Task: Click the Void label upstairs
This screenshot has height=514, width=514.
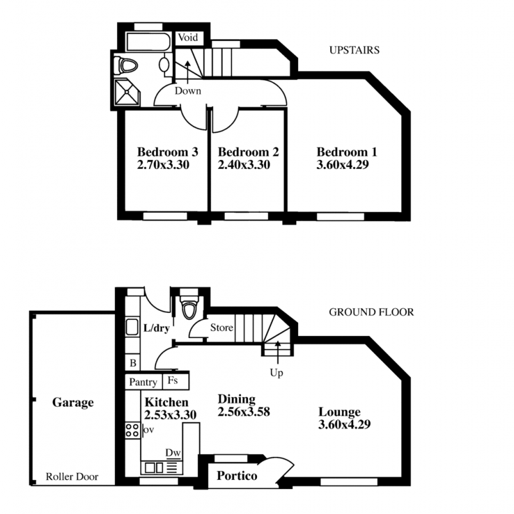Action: [x=188, y=38]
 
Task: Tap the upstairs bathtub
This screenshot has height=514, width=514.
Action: [x=148, y=42]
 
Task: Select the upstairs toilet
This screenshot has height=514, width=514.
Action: [x=125, y=66]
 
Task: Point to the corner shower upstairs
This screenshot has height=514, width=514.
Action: [x=127, y=92]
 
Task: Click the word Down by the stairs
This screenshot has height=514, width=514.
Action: [x=188, y=91]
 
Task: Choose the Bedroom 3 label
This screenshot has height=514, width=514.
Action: [x=168, y=152]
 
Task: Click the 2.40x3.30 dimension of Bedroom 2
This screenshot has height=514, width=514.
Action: [x=244, y=164]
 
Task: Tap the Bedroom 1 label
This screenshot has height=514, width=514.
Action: [x=347, y=152]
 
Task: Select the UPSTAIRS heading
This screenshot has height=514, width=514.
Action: [x=355, y=50]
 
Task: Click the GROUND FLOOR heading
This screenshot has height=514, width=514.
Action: [x=371, y=312]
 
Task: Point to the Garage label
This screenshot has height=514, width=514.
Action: [x=73, y=403]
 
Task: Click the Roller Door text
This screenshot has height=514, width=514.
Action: [x=72, y=477]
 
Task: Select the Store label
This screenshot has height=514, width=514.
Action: [x=222, y=328]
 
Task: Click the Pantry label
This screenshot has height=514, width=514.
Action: [x=143, y=382]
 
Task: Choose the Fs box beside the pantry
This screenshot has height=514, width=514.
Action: [x=176, y=382]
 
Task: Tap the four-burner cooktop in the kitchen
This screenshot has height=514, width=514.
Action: [x=132, y=430]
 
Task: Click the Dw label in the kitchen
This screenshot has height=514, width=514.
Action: [x=173, y=453]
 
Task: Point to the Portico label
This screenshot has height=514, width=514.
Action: [x=237, y=475]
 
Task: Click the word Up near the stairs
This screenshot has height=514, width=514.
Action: [x=276, y=373]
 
